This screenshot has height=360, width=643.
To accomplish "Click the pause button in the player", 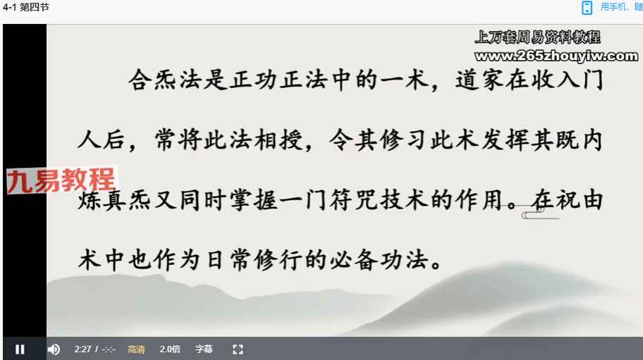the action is [x=20, y=349].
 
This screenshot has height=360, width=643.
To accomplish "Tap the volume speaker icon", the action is [x=54, y=349].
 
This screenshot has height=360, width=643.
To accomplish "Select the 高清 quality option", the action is [x=136, y=349].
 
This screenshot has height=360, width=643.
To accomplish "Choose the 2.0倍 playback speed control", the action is [x=170, y=349].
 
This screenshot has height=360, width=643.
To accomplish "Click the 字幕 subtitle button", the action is [x=204, y=349].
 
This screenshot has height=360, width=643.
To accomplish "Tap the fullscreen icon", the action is [x=238, y=349].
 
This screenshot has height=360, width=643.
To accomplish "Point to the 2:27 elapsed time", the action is [x=82, y=349].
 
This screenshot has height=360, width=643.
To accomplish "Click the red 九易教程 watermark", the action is [x=61, y=180].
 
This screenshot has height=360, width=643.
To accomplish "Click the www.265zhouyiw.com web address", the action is [x=556, y=56].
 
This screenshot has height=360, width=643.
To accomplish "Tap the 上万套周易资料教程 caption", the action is [x=538, y=37].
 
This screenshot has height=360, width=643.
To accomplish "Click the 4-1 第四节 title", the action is [x=26, y=7].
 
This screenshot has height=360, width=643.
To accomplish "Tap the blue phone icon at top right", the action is [x=587, y=8].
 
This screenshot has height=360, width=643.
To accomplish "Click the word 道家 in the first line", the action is [x=479, y=80].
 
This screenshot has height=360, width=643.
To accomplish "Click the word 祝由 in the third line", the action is [x=579, y=200].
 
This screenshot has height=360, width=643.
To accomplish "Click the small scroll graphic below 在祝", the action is [x=540, y=215].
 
